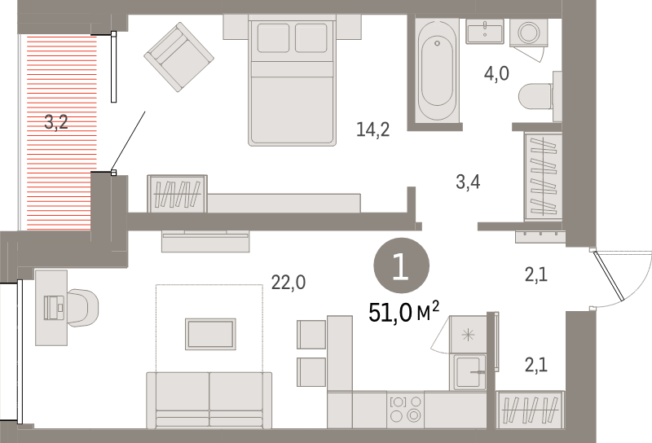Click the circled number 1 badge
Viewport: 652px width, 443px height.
pos(400,267)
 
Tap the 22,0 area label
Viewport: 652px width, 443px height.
pos(288,283)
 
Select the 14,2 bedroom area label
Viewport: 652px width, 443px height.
pos(372,129)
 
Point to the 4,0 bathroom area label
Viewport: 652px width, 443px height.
pos(496,74)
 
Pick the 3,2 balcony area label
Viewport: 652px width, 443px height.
pos(56,123)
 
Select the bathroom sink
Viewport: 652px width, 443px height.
pos(486,32)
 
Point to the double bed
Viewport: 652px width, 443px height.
pos(293,81)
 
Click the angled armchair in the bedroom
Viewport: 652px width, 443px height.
pos(178,56)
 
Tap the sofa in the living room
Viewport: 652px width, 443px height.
pos(209,398)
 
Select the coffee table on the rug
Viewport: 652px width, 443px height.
pos(211,333)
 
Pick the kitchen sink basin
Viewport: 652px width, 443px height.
pos(469,372)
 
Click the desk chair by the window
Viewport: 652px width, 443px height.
pos(83,307)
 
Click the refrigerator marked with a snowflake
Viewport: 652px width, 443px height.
pos(468,334)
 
